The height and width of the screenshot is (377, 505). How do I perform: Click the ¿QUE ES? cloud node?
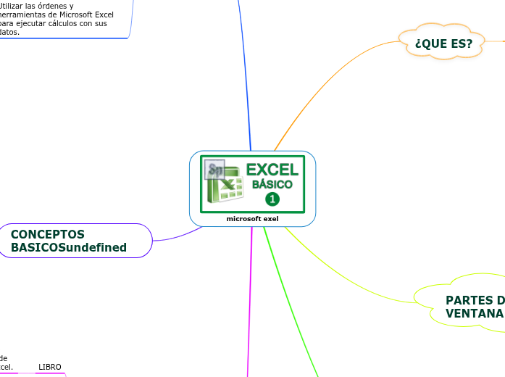tap(443, 44)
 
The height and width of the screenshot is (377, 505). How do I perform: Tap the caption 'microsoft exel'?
tap(252, 218)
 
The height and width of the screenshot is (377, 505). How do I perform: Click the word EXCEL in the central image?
tap(272, 170)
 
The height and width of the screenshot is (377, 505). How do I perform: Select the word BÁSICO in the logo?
tap(272, 185)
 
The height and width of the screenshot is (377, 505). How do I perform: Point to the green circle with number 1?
tap(272, 199)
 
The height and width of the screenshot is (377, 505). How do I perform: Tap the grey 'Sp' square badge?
tap(215, 170)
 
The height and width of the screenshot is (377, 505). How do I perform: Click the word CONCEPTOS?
tap(48, 234)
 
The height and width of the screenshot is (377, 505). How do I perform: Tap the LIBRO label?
tap(49, 367)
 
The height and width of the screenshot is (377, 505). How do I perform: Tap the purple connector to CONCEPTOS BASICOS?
tap(178, 235)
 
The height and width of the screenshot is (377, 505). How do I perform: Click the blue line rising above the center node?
tap(245, 72)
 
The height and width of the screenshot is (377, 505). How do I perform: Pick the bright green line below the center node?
tap(290, 304)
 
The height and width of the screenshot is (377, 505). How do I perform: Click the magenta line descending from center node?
tap(249, 304)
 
